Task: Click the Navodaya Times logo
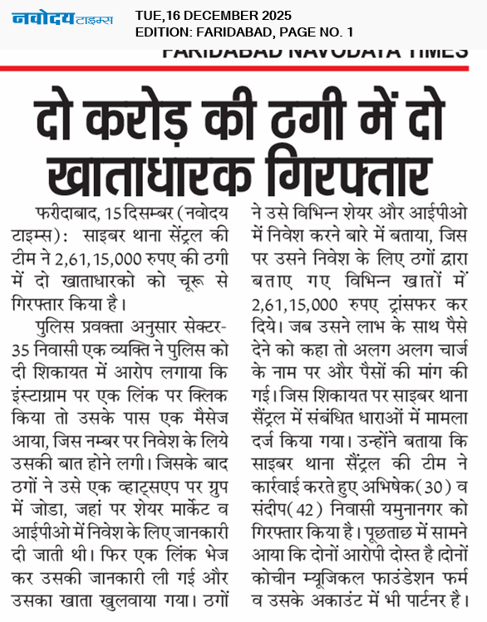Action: pos(61,19)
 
